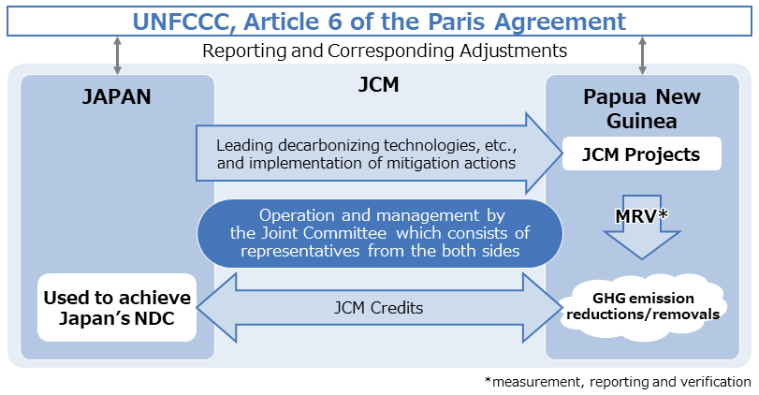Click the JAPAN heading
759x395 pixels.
pos(117,96)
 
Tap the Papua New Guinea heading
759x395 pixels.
pos(641,109)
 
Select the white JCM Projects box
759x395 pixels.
pos(641,154)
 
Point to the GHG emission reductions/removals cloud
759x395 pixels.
pos(642,306)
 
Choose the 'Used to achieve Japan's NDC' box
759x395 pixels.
pos(117,307)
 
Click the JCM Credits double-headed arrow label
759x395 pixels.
pos(378,308)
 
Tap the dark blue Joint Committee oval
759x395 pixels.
pos(380,233)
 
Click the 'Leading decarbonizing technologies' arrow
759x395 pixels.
pos(380,154)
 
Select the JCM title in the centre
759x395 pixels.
pos(378,85)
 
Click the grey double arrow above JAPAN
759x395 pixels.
pos(117,55)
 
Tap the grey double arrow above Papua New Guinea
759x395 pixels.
pos(642,55)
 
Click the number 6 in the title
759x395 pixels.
pos(334,22)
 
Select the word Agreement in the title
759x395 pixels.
pos(560,22)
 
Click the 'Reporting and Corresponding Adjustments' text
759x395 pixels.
pos(385,51)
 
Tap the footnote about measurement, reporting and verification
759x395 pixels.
pos(618,382)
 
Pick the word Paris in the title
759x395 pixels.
pos(458,22)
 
